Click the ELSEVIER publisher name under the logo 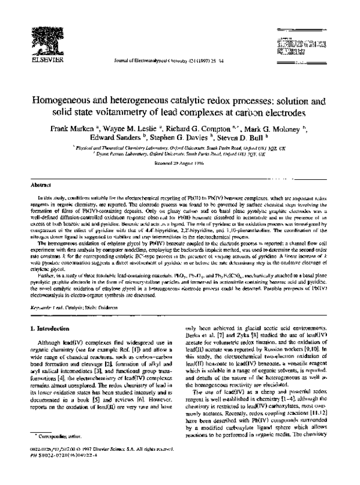click(31, 60)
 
